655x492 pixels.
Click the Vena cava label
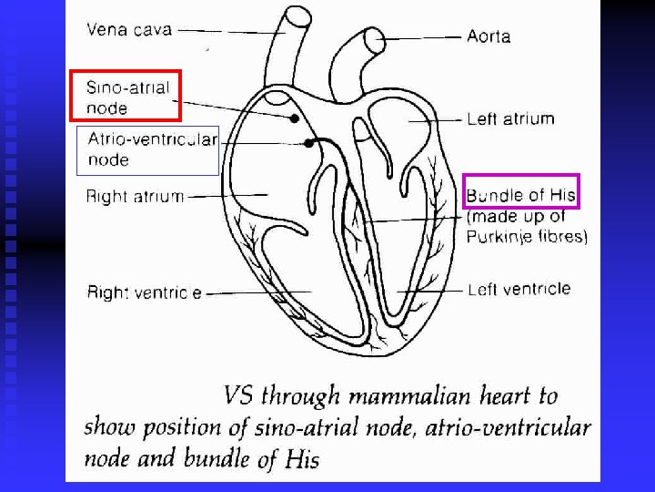coord(128,29)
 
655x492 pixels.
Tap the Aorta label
coord(489,36)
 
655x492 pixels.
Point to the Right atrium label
coord(135,195)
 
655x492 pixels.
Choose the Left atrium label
coord(510,118)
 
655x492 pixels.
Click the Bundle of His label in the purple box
coord(520,195)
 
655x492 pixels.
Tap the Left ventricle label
coord(519,290)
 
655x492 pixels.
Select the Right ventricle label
coord(145,292)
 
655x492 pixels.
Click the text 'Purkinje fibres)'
coord(527,237)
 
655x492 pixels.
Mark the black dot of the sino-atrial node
coord(294,118)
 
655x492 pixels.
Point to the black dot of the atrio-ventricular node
coord(309,143)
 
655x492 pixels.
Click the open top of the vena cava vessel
coord(297,17)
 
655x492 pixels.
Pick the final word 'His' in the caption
coord(299,459)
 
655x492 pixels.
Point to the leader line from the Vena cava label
coord(227,30)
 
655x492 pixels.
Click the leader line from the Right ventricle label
coord(264,292)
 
